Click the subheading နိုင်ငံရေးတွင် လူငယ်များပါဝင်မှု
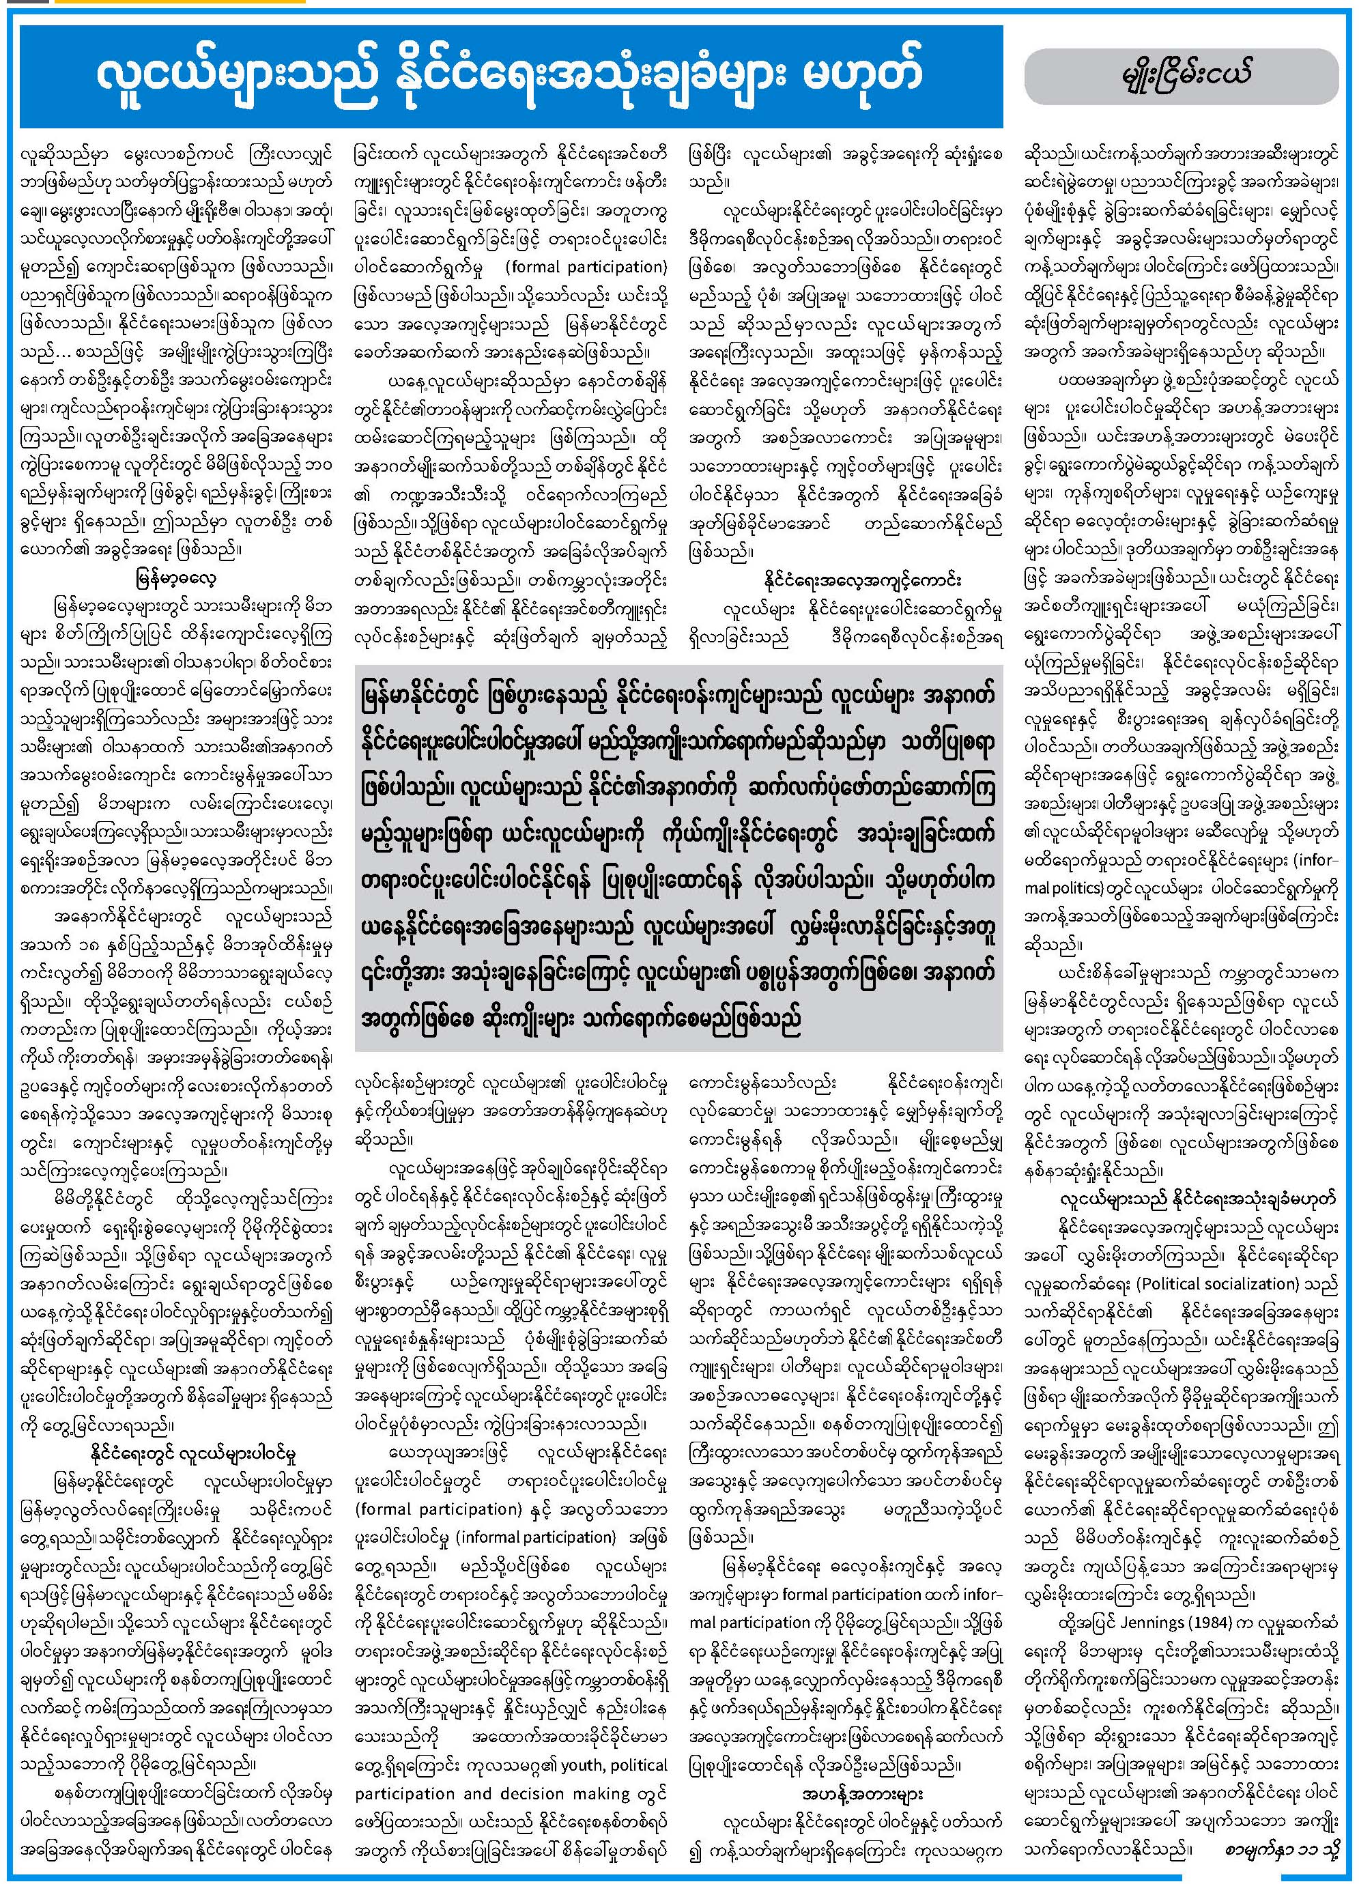click(x=192, y=1455)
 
